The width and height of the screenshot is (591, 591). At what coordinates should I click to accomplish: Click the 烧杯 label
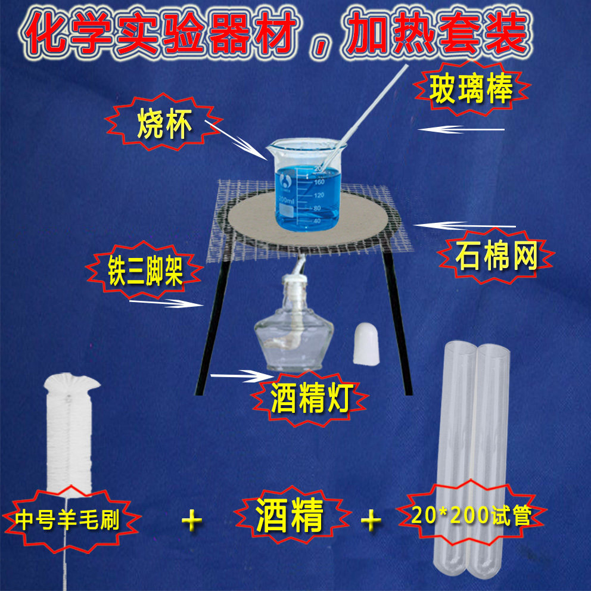point(157,126)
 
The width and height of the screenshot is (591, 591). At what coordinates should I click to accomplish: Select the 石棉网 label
point(496,257)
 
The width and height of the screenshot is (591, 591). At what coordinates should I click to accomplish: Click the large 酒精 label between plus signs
point(289,517)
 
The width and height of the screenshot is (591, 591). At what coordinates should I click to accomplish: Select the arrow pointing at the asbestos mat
point(465,225)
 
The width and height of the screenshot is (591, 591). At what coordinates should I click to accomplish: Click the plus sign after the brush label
point(192,520)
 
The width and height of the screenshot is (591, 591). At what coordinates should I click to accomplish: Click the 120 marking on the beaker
point(318,195)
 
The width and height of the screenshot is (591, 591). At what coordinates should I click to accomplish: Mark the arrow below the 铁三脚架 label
point(164,302)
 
